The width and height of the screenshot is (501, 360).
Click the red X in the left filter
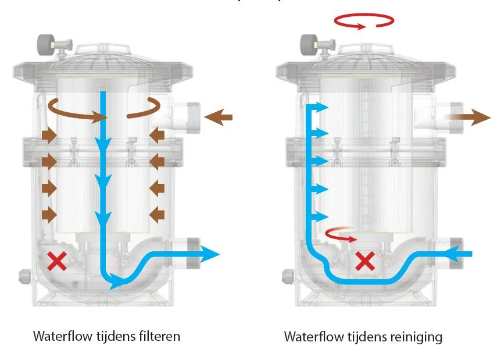(56, 262)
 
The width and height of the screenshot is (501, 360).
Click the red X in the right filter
(364, 261)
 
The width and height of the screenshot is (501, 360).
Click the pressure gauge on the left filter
(45, 44)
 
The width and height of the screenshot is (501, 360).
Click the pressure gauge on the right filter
(308, 44)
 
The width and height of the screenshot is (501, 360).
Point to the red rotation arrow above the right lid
(364, 22)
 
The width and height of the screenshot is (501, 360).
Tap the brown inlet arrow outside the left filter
(219, 118)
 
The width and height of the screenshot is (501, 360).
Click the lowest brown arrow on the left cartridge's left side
(49, 215)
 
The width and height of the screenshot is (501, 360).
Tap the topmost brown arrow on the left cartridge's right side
(156, 136)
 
